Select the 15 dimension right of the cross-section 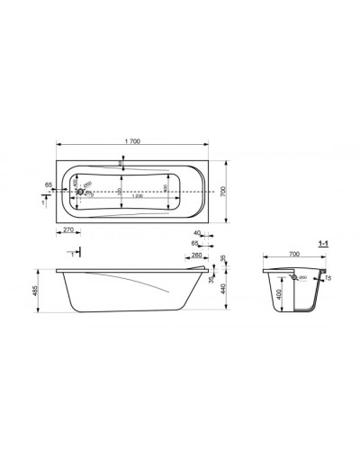pyautogui.click(x=328, y=278)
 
